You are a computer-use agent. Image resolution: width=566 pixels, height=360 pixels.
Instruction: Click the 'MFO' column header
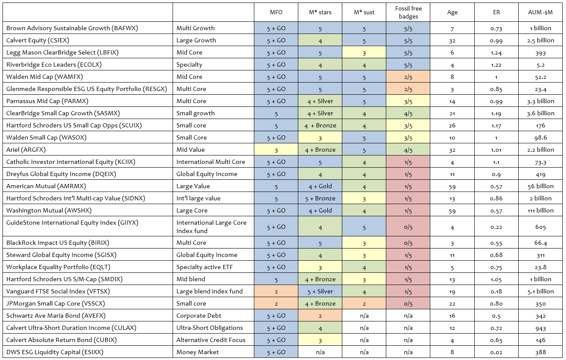tap(276, 12)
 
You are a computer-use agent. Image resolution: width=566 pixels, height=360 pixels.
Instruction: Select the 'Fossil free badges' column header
tap(408, 12)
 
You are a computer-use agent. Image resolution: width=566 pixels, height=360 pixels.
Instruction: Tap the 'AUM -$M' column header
tap(540, 12)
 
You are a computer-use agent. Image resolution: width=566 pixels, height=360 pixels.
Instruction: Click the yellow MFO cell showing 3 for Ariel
tap(276, 150)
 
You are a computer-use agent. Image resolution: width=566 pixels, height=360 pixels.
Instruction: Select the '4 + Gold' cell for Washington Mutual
tap(320, 210)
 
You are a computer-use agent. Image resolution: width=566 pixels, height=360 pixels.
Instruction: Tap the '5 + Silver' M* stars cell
tap(320, 291)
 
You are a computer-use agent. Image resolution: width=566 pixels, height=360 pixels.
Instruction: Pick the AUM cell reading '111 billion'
tap(540, 210)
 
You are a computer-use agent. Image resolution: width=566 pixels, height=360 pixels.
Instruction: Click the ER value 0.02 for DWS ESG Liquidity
tap(496, 352)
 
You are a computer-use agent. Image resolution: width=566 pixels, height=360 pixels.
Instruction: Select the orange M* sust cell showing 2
tap(364, 303)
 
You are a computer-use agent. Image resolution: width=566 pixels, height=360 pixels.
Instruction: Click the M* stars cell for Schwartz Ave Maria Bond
tap(320, 316)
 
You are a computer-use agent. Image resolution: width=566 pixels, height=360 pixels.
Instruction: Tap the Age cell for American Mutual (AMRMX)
tap(452, 186)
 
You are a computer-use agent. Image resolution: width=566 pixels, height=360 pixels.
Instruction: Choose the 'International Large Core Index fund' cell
tap(211, 227)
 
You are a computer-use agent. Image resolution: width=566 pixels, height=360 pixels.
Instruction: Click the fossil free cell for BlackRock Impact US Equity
tap(408, 243)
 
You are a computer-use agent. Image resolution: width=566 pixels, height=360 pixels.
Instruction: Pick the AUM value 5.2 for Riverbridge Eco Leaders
tap(540, 65)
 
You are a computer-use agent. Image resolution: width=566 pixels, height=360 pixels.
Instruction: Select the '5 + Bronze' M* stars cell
tap(320, 198)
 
